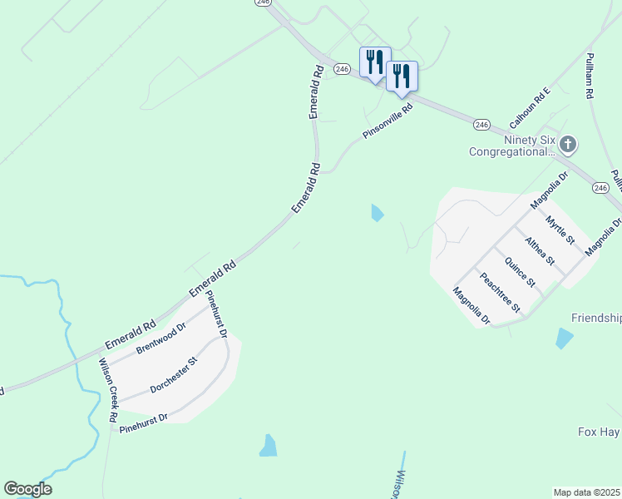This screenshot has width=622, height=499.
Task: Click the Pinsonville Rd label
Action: [388, 121]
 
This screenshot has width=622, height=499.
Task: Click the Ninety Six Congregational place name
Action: [511, 146]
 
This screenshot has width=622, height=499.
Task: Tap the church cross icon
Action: [568, 146]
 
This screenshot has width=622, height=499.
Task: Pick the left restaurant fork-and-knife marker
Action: [374, 62]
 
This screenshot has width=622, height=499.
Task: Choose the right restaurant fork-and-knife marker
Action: [402, 76]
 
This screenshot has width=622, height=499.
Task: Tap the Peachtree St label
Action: [500, 290]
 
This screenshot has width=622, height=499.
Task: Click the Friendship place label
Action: [596, 318]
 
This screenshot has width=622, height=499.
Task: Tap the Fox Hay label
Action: [599, 432]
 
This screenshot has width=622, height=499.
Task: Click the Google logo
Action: [27, 489]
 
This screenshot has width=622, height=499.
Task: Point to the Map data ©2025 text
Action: [586, 492]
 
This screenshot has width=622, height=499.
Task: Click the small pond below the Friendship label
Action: [565, 338]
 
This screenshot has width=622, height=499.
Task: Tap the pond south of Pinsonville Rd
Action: [378, 213]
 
